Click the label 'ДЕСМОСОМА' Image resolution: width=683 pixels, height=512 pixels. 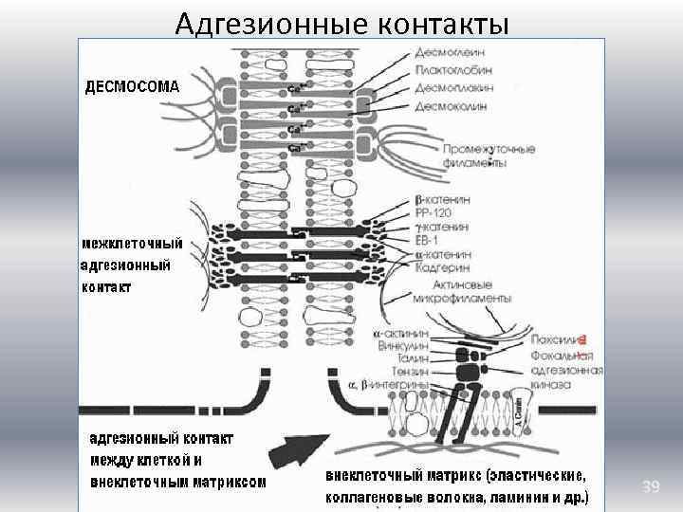132,86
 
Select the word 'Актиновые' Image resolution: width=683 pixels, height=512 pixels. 465,283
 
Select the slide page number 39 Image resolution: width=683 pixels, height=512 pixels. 650,486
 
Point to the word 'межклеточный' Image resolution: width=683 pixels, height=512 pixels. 132,244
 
